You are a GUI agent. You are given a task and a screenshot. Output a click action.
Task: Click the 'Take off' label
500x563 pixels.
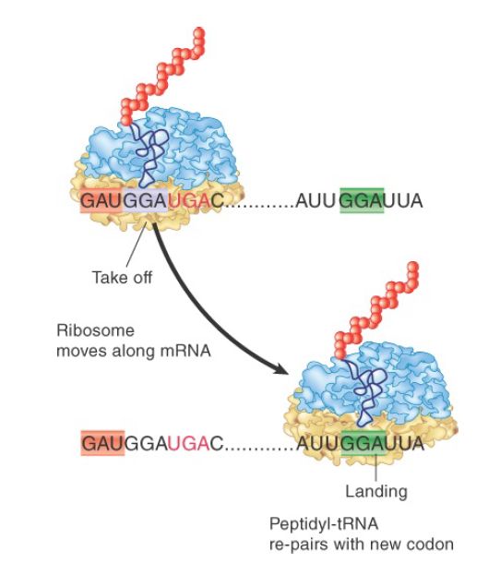pos(122,278)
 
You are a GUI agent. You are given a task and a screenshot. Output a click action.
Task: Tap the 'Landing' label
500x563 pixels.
pos(376,491)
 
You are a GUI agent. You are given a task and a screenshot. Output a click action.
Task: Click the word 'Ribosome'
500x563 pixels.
pos(95,330)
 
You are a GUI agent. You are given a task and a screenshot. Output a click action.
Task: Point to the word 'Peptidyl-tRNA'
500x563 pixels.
pos(324,524)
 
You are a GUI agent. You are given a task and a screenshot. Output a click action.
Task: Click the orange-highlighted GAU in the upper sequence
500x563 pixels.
pos(101,200)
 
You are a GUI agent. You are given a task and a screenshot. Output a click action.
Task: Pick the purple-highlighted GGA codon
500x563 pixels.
pos(145,200)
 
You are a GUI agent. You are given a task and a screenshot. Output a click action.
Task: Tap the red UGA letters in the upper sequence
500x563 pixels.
pos(189,200)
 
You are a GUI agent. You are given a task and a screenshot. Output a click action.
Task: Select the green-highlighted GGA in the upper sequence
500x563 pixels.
pos(362,200)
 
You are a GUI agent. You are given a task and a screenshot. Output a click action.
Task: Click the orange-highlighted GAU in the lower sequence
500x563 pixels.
pos(102,443)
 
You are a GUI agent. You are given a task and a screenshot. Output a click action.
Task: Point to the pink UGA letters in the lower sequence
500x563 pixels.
pos(189,444)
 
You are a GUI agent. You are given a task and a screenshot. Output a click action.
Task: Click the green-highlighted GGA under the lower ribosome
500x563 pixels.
pos(363,443)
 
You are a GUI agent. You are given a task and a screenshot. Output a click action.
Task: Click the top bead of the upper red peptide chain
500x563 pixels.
pos(199,33)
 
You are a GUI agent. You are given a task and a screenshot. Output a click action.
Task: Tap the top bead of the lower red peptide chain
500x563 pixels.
pos(413,267)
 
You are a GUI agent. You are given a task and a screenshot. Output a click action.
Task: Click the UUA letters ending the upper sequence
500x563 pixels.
pos(403,200)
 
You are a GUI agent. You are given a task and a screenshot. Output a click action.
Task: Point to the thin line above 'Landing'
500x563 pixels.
pos(375,468)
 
